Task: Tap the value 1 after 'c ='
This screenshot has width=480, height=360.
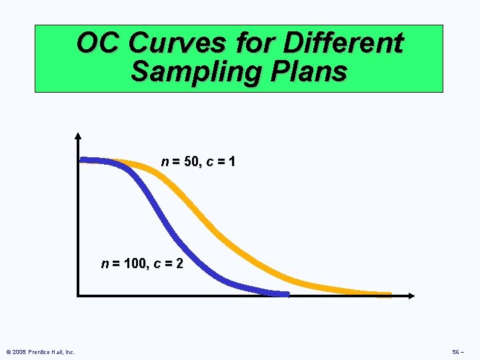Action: (x=231, y=162)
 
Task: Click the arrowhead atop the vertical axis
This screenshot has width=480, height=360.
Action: (x=78, y=136)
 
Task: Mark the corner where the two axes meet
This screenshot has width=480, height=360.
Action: (x=79, y=295)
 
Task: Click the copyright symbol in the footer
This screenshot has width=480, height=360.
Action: (x=7, y=351)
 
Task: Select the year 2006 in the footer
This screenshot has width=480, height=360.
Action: (x=18, y=351)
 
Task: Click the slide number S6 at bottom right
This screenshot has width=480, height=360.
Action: (x=457, y=351)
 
